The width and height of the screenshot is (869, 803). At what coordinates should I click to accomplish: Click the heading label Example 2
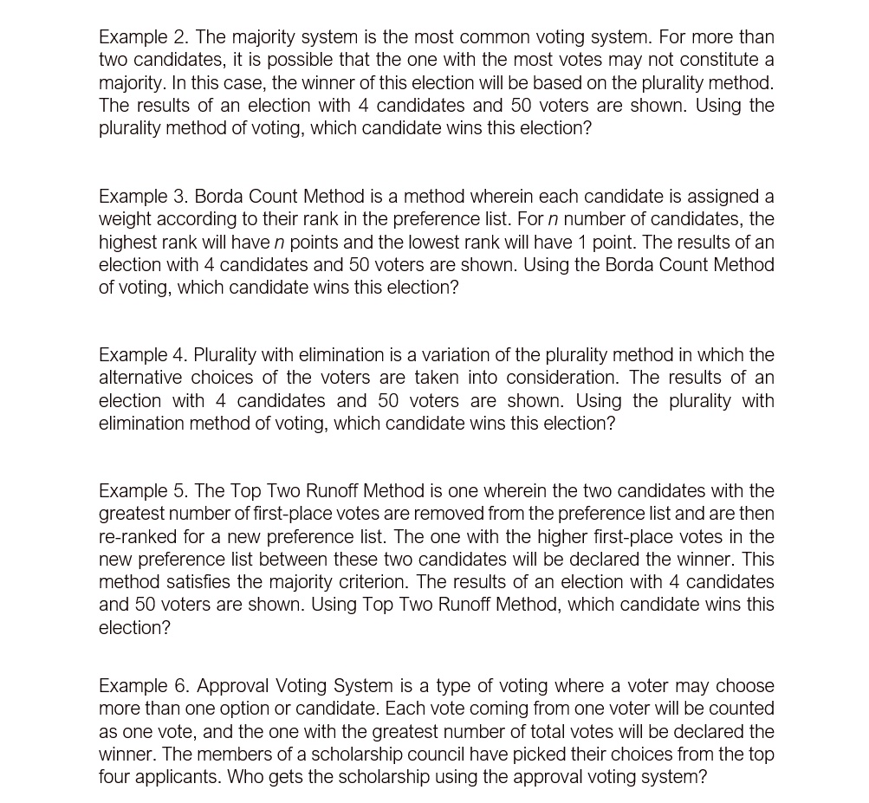click(143, 37)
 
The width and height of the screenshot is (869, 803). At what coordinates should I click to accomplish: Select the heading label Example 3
click(143, 197)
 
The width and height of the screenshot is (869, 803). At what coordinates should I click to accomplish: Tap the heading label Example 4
click(143, 355)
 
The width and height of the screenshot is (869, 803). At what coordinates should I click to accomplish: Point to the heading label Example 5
click(143, 491)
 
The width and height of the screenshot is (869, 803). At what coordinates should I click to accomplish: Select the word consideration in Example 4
click(561, 378)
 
